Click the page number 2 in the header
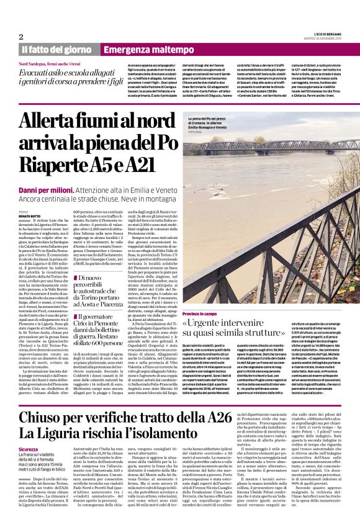21,37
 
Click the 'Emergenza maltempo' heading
142,50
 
